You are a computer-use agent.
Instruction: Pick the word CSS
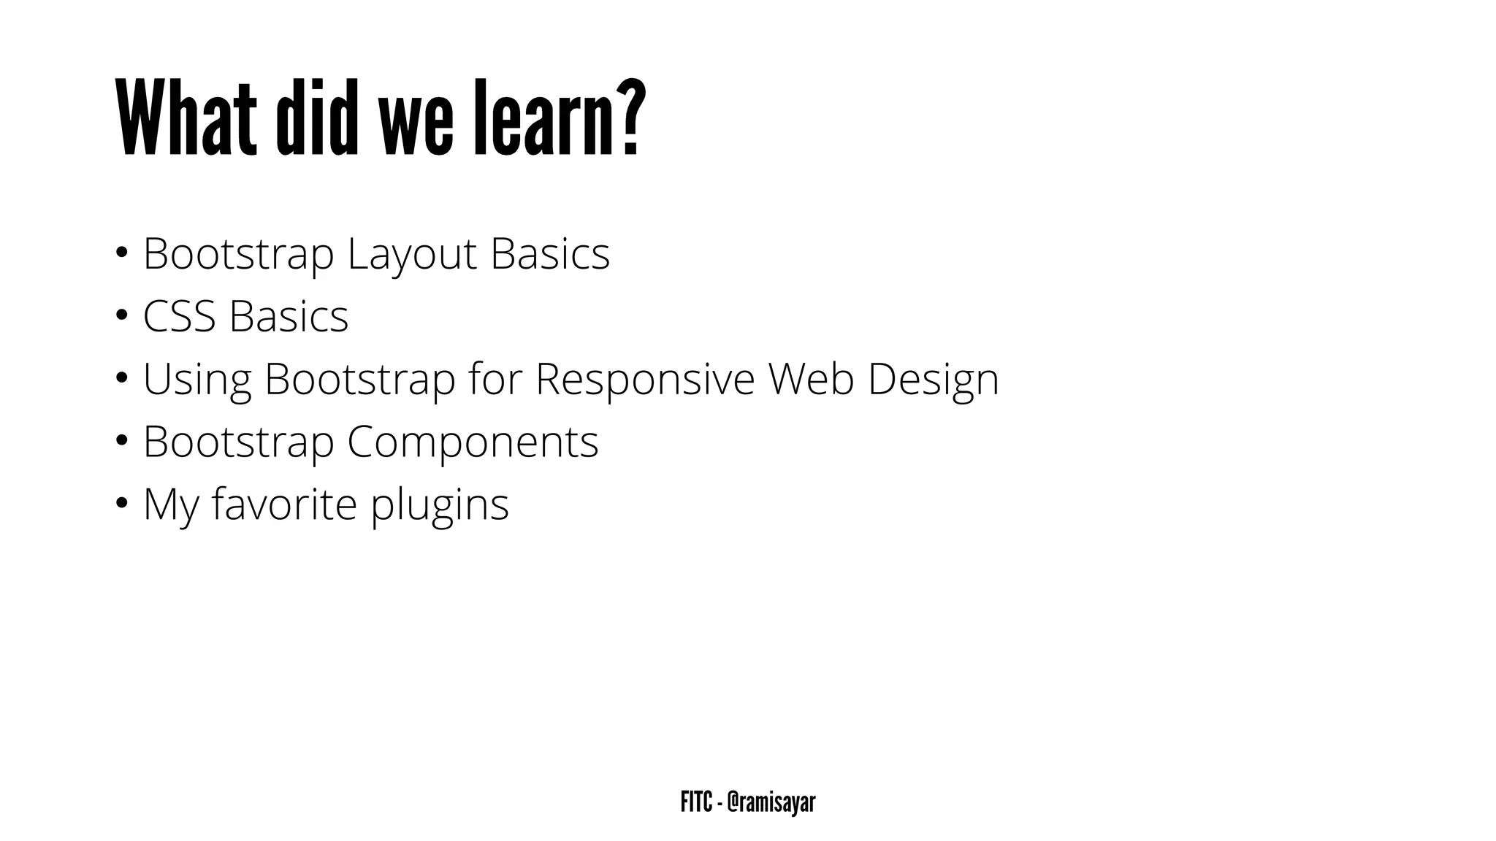pos(179,317)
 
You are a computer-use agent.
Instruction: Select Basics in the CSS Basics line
pos(289,317)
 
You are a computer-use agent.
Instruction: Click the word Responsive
pos(644,380)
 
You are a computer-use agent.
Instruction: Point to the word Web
pos(811,380)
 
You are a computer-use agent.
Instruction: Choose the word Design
pos(933,380)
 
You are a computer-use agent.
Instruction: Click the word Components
pos(473,442)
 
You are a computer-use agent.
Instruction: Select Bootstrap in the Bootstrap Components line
pos(238,442)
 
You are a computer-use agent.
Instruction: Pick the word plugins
pos(439,505)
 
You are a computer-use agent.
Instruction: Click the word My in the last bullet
pos(170,505)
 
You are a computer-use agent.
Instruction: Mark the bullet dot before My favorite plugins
pos(121,504)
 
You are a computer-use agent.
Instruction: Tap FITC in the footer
pos(696,802)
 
